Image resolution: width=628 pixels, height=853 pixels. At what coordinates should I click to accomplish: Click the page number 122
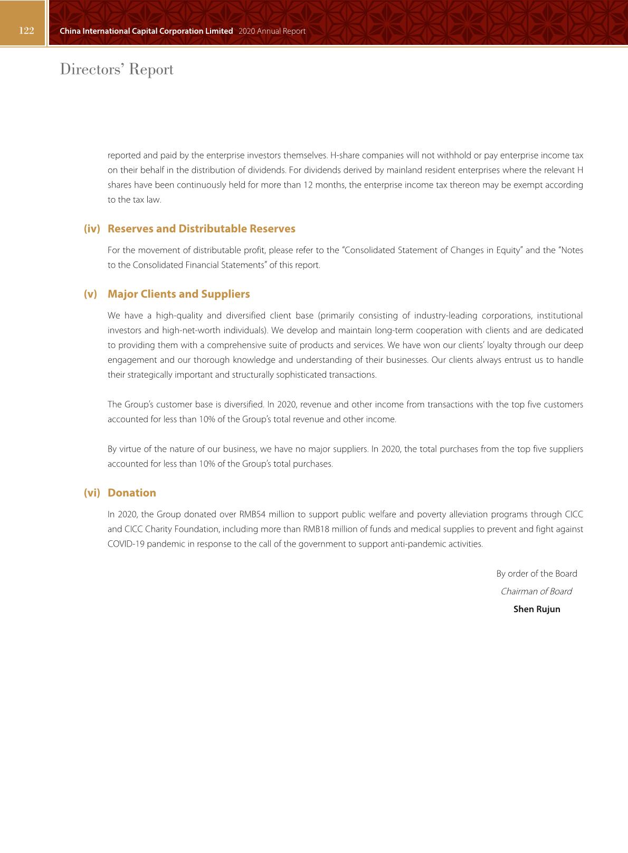pos(26,31)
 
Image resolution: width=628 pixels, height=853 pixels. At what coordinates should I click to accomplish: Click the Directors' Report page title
pos(117,69)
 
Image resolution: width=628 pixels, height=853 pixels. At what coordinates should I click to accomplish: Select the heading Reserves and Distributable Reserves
pos(201,229)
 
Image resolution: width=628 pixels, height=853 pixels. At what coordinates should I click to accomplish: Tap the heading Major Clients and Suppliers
pos(178,294)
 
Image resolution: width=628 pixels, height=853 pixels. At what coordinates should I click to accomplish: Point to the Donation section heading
pos(131,493)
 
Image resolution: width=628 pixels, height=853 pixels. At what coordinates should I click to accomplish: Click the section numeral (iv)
pos(92,229)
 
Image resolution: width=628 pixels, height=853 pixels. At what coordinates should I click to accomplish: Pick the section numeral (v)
pos(91,294)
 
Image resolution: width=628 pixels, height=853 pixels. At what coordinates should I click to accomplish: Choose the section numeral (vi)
pos(92,493)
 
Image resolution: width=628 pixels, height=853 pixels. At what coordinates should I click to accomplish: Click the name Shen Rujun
pos(536,609)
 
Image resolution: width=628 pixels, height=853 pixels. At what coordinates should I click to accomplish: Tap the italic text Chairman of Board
pos(536,592)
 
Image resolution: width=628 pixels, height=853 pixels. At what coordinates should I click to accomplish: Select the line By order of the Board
pos(536,574)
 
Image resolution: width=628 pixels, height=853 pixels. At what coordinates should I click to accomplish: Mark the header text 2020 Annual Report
pos(272,31)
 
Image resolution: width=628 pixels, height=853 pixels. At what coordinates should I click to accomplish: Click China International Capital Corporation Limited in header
pos(146,31)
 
